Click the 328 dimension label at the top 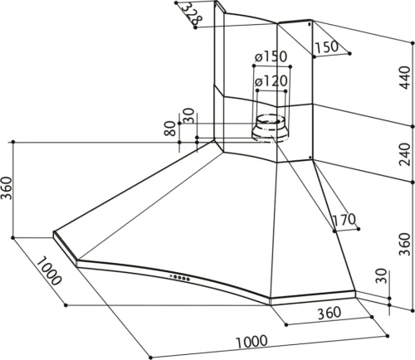click(x=193, y=12)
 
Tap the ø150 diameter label click(x=271, y=56)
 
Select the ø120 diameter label click(x=271, y=81)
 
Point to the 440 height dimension click(x=405, y=78)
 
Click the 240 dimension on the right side click(x=405, y=154)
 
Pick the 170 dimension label click(x=344, y=220)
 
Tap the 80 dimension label click(x=170, y=129)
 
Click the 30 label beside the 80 click(x=189, y=116)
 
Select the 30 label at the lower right click(x=382, y=275)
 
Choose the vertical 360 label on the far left click(x=7, y=188)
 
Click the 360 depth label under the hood click(x=330, y=313)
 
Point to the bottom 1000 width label click(x=251, y=342)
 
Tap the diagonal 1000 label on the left click(x=49, y=271)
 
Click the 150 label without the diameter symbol click(x=327, y=47)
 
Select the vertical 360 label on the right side click(x=405, y=244)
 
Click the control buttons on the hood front click(x=180, y=277)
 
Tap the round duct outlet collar click(x=270, y=129)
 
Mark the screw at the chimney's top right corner click(x=310, y=25)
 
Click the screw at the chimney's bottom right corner click(x=310, y=158)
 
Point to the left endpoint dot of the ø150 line click(x=254, y=66)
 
